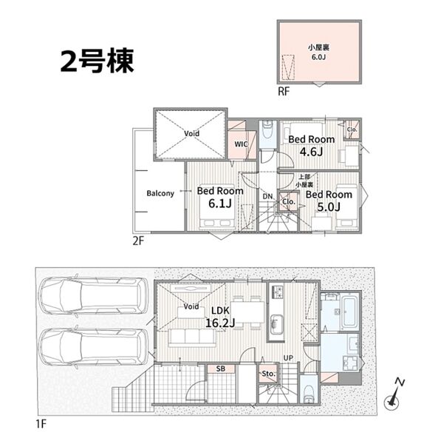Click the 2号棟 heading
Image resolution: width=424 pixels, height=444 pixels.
(x=97, y=61)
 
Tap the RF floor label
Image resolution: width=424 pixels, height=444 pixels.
(x=284, y=92)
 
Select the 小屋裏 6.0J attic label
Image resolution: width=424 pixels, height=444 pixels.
(x=319, y=52)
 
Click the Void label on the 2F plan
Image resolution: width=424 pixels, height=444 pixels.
(x=191, y=133)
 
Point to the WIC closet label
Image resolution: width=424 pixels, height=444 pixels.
(x=241, y=144)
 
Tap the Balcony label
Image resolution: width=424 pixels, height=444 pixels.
(x=160, y=193)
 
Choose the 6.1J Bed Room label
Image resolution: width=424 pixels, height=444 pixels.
(x=220, y=197)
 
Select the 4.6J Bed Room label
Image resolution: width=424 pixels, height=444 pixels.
(x=312, y=146)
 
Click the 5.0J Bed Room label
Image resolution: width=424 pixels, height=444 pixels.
(x=329, y=201)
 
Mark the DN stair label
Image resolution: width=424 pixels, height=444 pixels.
(x=267, y=196)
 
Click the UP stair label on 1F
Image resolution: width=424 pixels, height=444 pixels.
(x=288, y=358)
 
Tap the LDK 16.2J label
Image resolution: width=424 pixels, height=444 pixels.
(x=220, y=317)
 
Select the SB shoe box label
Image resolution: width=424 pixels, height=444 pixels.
(x=221, y=369)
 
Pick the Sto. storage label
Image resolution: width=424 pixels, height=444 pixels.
(x=268, y=374)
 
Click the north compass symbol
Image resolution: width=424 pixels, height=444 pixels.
(x=394, y=394)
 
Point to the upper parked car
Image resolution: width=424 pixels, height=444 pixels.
(x=93, y=295)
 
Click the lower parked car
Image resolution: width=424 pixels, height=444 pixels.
(x=93, y=348)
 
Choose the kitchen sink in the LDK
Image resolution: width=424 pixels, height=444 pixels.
(x=275, y=325)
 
